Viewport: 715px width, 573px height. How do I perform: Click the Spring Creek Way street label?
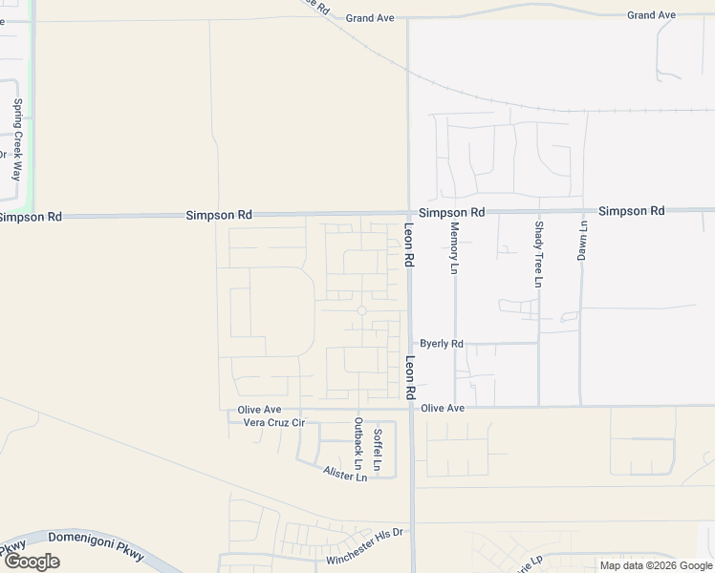point(17,139)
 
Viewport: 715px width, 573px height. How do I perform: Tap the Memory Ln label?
point(454,248)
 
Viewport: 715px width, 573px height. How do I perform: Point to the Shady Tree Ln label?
point(539,254)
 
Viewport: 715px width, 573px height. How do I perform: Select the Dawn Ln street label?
point(582,240)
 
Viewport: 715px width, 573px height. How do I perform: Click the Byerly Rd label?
point(442,344)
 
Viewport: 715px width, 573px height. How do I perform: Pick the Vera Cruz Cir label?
point(273,422)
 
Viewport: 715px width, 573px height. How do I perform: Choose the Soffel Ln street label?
point(379,450)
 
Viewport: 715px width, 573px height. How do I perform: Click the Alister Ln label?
point(345,475)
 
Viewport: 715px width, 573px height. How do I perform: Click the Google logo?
point(32,562)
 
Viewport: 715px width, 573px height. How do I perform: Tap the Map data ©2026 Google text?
point(655,565)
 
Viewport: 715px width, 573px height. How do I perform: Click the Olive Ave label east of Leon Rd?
point(443,408)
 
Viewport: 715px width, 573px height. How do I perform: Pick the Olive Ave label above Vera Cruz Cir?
point(259,410)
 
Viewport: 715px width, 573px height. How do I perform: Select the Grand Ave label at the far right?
point(651,15)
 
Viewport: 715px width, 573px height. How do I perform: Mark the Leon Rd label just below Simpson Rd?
point(409,244)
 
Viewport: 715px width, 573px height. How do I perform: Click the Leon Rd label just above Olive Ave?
point(409,378)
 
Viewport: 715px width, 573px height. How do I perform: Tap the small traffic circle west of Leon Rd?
point(361,310)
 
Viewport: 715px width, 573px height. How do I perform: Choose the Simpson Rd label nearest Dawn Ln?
point(632,210)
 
